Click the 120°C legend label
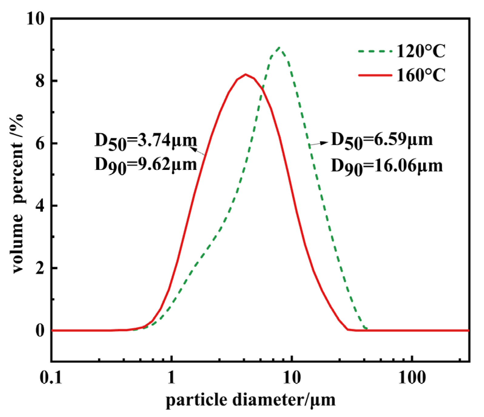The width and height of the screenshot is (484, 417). [x=421, y=51]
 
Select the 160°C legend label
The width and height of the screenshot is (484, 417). [x=421, y=75]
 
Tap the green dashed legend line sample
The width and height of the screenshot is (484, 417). [x=375, y=51]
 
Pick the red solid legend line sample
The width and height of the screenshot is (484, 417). [x=375, y=75]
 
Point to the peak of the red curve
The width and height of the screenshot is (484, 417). [x=246, y=74]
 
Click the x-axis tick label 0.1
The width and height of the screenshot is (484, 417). [x=51, y=378]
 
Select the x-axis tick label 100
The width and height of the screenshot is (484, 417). [x=412, y=378]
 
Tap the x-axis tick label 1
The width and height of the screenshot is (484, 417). [x=172, y=378]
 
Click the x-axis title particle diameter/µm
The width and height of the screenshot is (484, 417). [x=250, y=400]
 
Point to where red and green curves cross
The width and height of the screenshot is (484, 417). [x=263, y=88]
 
